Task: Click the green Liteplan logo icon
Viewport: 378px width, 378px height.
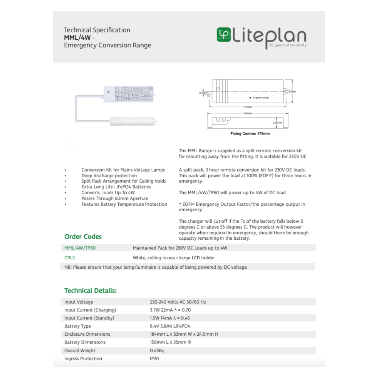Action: (223, 34)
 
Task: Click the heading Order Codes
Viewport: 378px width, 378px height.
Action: (83, 237)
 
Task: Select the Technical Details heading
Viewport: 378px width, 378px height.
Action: (90, 291)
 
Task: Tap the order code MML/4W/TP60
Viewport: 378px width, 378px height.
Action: (77, 248)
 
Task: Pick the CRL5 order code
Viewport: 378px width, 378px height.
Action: (70, 258)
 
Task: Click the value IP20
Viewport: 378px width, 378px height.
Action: (154, 359)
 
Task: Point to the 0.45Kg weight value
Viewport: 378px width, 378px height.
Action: (157, 350)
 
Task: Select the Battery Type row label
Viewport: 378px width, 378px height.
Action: (77, 326)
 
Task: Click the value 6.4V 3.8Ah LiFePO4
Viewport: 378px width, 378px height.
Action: (170, 326)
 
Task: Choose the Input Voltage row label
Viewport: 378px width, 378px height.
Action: (78, 302)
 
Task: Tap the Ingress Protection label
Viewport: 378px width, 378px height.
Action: (83, 359)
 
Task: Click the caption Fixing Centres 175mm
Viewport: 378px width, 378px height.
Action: (250, 134)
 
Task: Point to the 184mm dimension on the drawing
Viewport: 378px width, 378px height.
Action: (248, 113)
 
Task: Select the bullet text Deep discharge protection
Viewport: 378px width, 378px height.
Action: (109, 176)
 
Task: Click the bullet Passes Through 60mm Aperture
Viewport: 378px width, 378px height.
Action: (115, 198)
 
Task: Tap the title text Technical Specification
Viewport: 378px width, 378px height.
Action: (97, 30)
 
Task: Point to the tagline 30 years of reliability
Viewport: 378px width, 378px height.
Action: (288, 45)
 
